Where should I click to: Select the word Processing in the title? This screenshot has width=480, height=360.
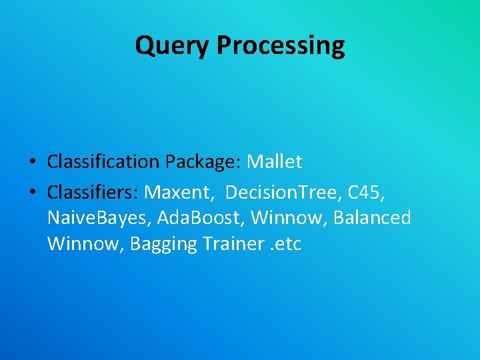pos(281,46)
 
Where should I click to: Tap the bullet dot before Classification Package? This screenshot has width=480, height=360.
pos(32,162)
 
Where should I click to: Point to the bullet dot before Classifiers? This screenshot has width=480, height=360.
pos(32,193)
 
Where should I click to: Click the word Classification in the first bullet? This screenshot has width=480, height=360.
pos(103,161)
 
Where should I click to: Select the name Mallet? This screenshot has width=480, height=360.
pos(275,161)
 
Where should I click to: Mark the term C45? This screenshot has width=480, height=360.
pos(364,192)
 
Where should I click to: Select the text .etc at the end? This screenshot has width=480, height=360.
pos(286,244)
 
